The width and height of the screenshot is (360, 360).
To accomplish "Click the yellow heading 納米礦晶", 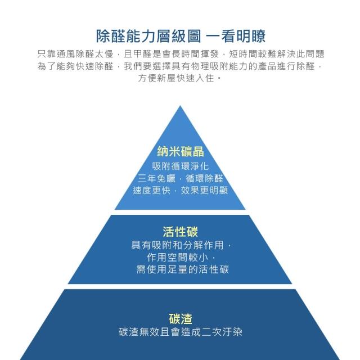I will coord(180,151).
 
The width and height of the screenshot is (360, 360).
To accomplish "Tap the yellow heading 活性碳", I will coord(180,231).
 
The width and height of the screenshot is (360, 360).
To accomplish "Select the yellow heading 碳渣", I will coord(180,318).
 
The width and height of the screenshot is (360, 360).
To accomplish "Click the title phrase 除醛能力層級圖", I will coord(147,37).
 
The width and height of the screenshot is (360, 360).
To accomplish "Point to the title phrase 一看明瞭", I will coord(236,37).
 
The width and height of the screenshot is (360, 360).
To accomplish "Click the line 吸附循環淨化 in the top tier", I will coord(180,166).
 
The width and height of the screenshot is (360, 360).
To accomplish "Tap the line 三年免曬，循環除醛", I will coord(180,178).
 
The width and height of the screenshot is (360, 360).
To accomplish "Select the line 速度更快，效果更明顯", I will coord(180,190).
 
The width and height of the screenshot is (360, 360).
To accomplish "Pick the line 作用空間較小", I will coord(180,257).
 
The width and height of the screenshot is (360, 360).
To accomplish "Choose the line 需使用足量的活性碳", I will coord(180,269).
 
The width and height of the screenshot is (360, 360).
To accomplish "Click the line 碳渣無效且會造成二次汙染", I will coord(180,332).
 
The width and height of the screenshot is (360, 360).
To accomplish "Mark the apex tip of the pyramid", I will coord(180,107).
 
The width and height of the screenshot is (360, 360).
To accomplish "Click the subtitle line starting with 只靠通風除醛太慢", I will coord(180,54).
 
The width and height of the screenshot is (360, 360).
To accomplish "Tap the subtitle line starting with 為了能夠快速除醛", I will coord(180,66).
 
